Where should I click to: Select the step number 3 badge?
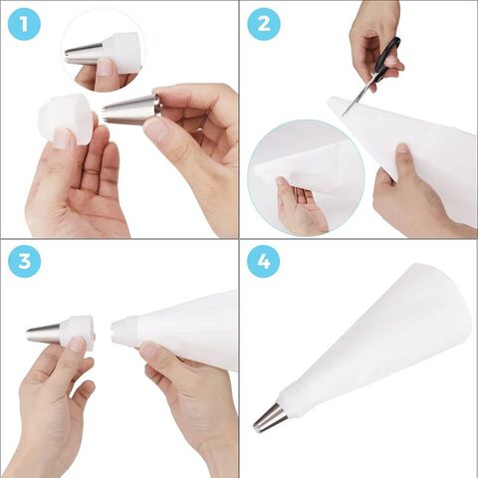click(x=25, y=262)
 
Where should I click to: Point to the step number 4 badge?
click(x=263, y=262)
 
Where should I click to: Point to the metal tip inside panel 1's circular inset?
click(x=84, y=53)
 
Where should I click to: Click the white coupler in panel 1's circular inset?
click(x=120, y=50)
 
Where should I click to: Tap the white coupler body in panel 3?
click(x=77, y=332)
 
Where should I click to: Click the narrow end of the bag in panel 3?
click(x=123, y=332)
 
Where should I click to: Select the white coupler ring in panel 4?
click(x=293, y=400)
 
